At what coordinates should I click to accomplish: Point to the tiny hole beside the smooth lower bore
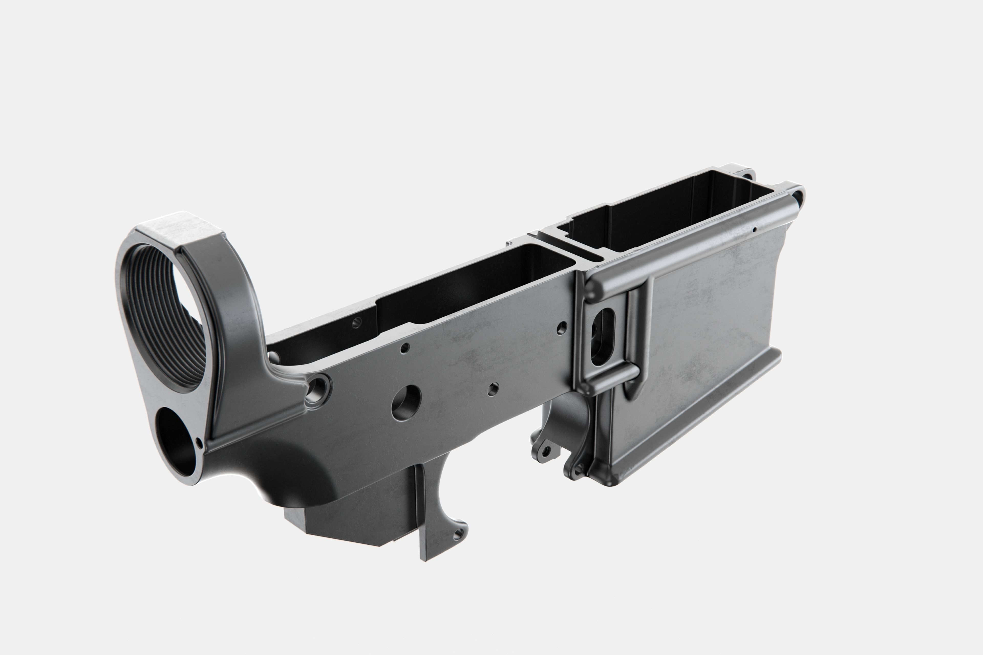[x=199, y=442]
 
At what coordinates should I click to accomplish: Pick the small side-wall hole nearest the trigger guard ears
[x=493, y=389]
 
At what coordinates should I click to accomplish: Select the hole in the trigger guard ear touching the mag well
[x=579, y=470]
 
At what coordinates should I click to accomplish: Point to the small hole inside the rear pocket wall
[x=356, y=322]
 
